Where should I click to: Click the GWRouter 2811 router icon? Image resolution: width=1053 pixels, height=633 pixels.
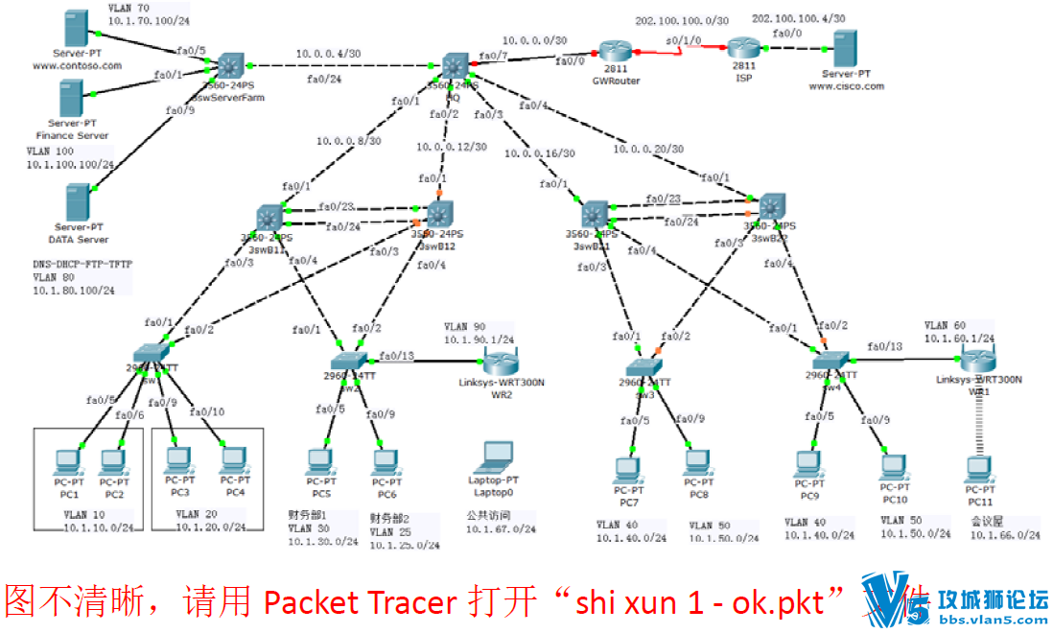pos(616,53)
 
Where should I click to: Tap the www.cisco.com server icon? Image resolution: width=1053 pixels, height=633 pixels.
pos(845,48)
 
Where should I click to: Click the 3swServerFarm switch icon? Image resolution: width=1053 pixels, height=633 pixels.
pos(229,66)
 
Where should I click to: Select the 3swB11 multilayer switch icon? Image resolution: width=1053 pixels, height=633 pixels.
pos(269,216)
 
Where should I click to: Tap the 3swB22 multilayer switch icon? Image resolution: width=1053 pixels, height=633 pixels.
pos(771,207)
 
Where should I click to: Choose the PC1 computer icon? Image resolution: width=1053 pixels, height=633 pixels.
pos(68,459)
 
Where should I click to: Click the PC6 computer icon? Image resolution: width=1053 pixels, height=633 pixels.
pos(386,461)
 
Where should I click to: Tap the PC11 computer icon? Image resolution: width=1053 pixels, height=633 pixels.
pos(979,468)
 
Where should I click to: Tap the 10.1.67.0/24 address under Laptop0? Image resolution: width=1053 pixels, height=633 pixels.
pos(498,527)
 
